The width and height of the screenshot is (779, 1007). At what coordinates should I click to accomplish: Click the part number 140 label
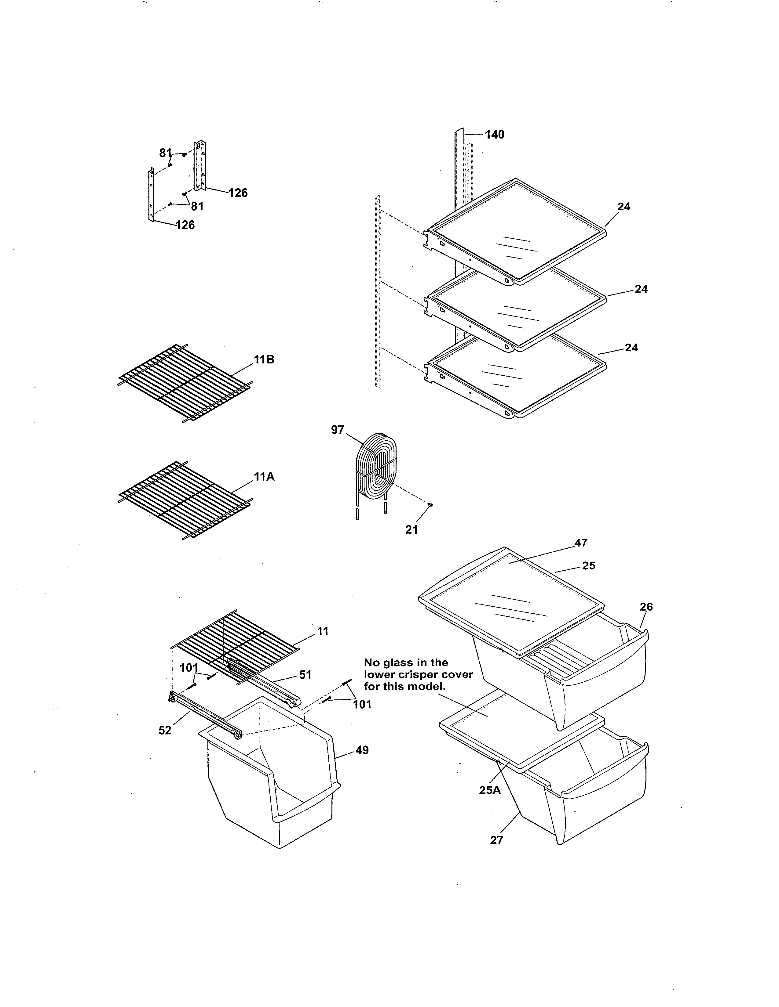tap(494, 135)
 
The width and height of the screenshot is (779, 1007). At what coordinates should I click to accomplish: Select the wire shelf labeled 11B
tap(185, 383)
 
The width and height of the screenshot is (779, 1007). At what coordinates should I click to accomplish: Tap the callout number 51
tap(305, 675)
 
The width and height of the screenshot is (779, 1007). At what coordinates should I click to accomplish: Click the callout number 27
tap(496, 840)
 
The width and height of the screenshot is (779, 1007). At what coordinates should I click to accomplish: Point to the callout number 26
tap(646, 607)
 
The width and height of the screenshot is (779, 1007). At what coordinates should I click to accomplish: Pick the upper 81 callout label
tap(165, 153)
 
